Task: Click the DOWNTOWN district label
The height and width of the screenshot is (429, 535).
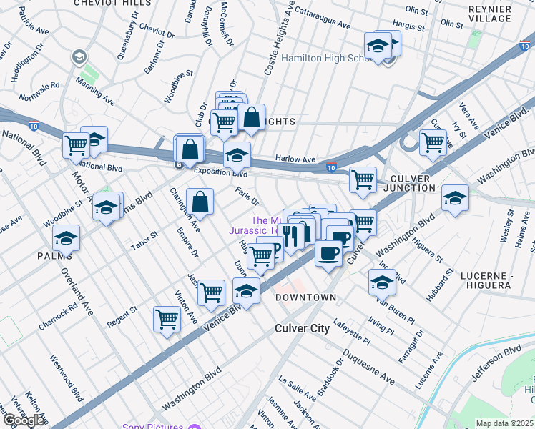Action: click(306, 297)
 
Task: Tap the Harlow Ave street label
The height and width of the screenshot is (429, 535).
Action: click(295, 159)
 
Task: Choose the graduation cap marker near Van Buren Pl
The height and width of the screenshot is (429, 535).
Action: click(382, 282)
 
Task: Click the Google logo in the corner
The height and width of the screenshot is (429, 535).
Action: click(24, 420)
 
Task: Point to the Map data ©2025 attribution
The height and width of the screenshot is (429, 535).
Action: click(504, 423)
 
